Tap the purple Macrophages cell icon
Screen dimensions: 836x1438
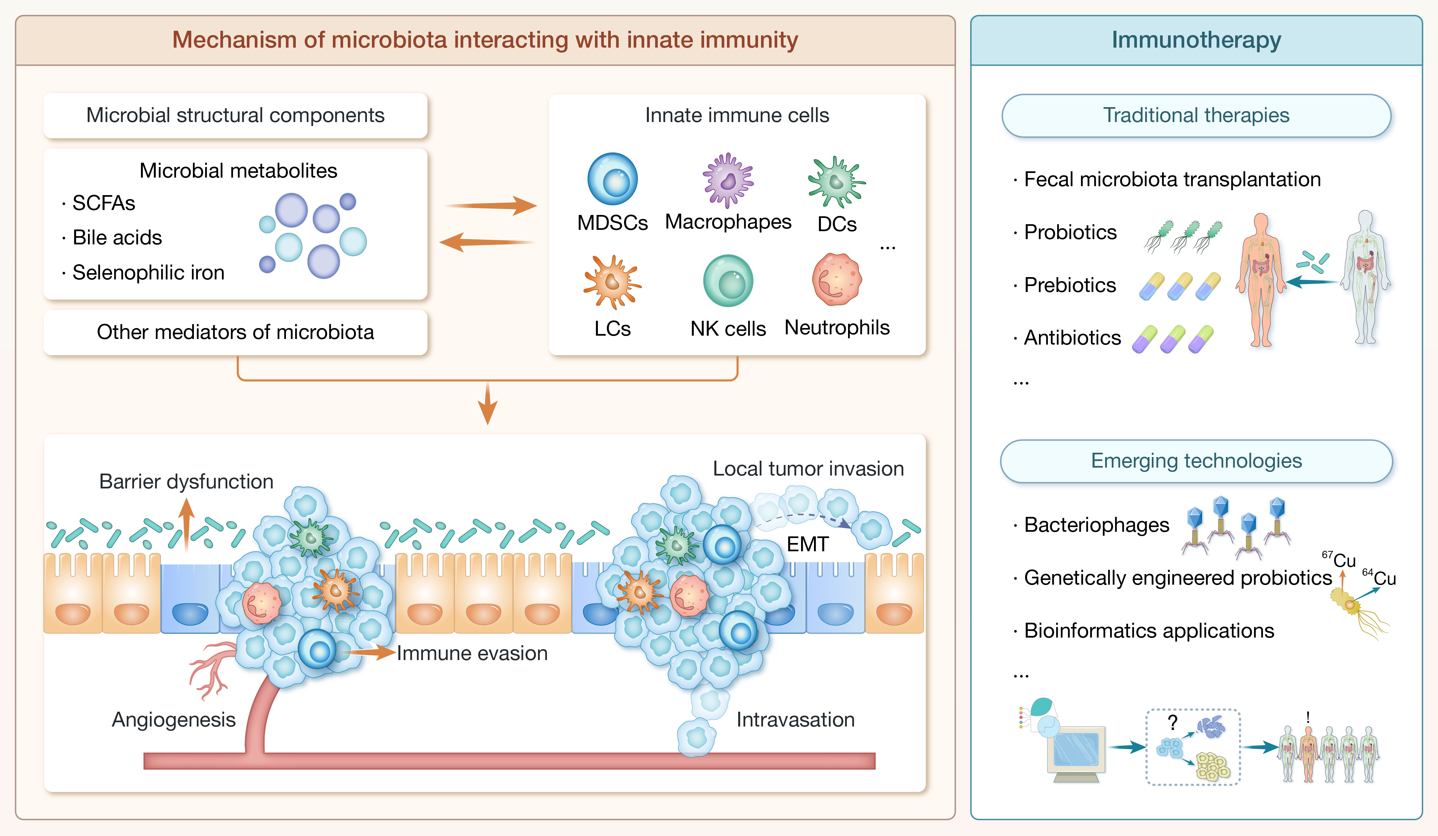click(728, 180)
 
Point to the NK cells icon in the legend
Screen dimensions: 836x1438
click(728, 280)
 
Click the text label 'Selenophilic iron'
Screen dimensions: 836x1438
click(148, 272)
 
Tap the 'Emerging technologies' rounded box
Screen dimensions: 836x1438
click(1196, 461)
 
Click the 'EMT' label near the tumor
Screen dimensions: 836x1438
click(807, 544)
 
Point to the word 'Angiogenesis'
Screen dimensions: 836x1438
click(173, 720)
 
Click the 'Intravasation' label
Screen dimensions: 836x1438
click(795, 720)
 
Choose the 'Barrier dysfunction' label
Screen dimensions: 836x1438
click(186, 481)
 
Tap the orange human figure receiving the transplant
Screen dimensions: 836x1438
click(1261, 279)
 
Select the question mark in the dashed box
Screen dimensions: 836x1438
click(1172, 723)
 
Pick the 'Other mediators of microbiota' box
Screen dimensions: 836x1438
click(235, 332)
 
